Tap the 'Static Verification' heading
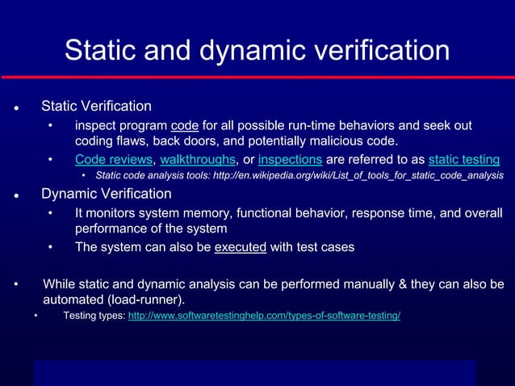96,106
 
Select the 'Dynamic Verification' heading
106,194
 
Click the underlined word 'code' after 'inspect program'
185,125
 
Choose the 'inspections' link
291,159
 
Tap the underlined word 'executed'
241,247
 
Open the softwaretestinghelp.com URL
264,315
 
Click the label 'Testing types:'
94,315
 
